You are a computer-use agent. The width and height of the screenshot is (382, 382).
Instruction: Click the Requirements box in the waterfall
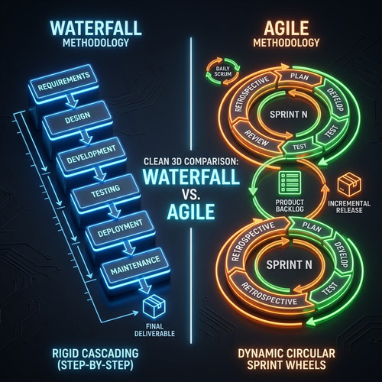coord(63,82)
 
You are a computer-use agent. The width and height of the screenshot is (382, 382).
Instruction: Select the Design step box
coord(77,118)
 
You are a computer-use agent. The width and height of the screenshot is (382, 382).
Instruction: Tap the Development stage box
coord(91,154)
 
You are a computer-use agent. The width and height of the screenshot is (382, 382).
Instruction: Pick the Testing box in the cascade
coord(105,191)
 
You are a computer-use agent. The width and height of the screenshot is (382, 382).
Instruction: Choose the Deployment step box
coord(120,228)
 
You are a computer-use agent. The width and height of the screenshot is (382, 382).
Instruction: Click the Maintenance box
coord(134,265)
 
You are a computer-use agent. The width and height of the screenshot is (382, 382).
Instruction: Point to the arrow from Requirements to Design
coord(72,101)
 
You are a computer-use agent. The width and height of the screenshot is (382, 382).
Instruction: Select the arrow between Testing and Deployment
coord(114,211)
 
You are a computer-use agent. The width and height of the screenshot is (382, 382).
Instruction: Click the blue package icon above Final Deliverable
coord(154,305)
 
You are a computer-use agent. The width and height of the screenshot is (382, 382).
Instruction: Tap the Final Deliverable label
coord(154,330)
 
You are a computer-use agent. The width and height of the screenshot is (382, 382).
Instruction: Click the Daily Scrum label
coord(222,71)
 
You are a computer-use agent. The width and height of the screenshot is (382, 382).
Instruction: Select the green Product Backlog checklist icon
coord(290,182)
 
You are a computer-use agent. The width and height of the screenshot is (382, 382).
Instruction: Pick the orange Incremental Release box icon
coord(349,184)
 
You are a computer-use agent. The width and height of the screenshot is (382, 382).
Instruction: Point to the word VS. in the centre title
coord(191,196)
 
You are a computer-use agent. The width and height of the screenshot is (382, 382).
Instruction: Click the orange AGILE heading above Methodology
coord(286,28)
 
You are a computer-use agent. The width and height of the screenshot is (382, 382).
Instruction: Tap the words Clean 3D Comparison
coord(191,161)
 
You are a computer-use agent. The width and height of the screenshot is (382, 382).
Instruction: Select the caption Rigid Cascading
coord(95,353)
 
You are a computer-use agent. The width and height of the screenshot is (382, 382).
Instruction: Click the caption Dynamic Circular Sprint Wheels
coord(286,359)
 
